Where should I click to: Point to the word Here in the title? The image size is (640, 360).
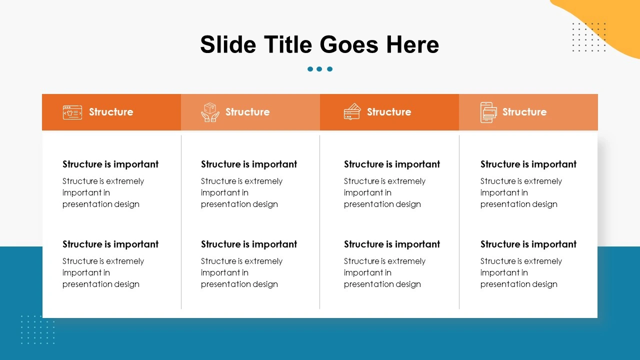(412, 44)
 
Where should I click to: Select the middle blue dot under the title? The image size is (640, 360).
(319, 69)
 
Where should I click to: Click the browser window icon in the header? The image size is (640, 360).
(72, 112)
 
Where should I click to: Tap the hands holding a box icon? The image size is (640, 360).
(210, 112)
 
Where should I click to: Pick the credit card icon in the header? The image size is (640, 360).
(352, 112)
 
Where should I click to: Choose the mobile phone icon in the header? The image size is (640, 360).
(488, 112)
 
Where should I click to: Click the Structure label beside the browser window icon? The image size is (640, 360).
(111, 112)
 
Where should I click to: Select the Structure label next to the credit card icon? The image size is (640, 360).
(389, 112)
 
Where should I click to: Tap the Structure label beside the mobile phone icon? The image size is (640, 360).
(524, 112)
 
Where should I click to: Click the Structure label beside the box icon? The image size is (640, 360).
(247, 112)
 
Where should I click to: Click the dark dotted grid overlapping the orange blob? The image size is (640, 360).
(588, 37)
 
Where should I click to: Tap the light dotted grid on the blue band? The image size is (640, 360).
(37, 329)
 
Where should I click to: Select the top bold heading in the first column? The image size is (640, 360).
(110, 164)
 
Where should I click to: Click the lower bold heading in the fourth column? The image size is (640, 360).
(528, 244)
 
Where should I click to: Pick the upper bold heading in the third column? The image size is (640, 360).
(392, 164)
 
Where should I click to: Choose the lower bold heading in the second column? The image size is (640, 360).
(249, 244)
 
